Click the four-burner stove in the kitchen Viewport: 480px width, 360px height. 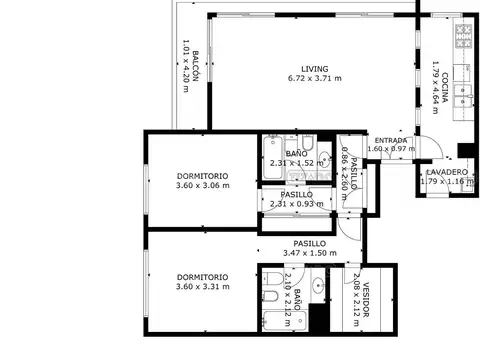pyautogui.click(x=463, y=39)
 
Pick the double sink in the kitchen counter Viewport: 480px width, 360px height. pyautogui.click(x=461, y=94)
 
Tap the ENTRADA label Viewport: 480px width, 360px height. pyautogui.click(x=390, y=140)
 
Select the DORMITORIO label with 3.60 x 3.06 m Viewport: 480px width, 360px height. pyautogui.click(x=202, y=175)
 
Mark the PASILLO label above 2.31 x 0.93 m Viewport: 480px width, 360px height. pyautogui.click(x=297, y=194)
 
